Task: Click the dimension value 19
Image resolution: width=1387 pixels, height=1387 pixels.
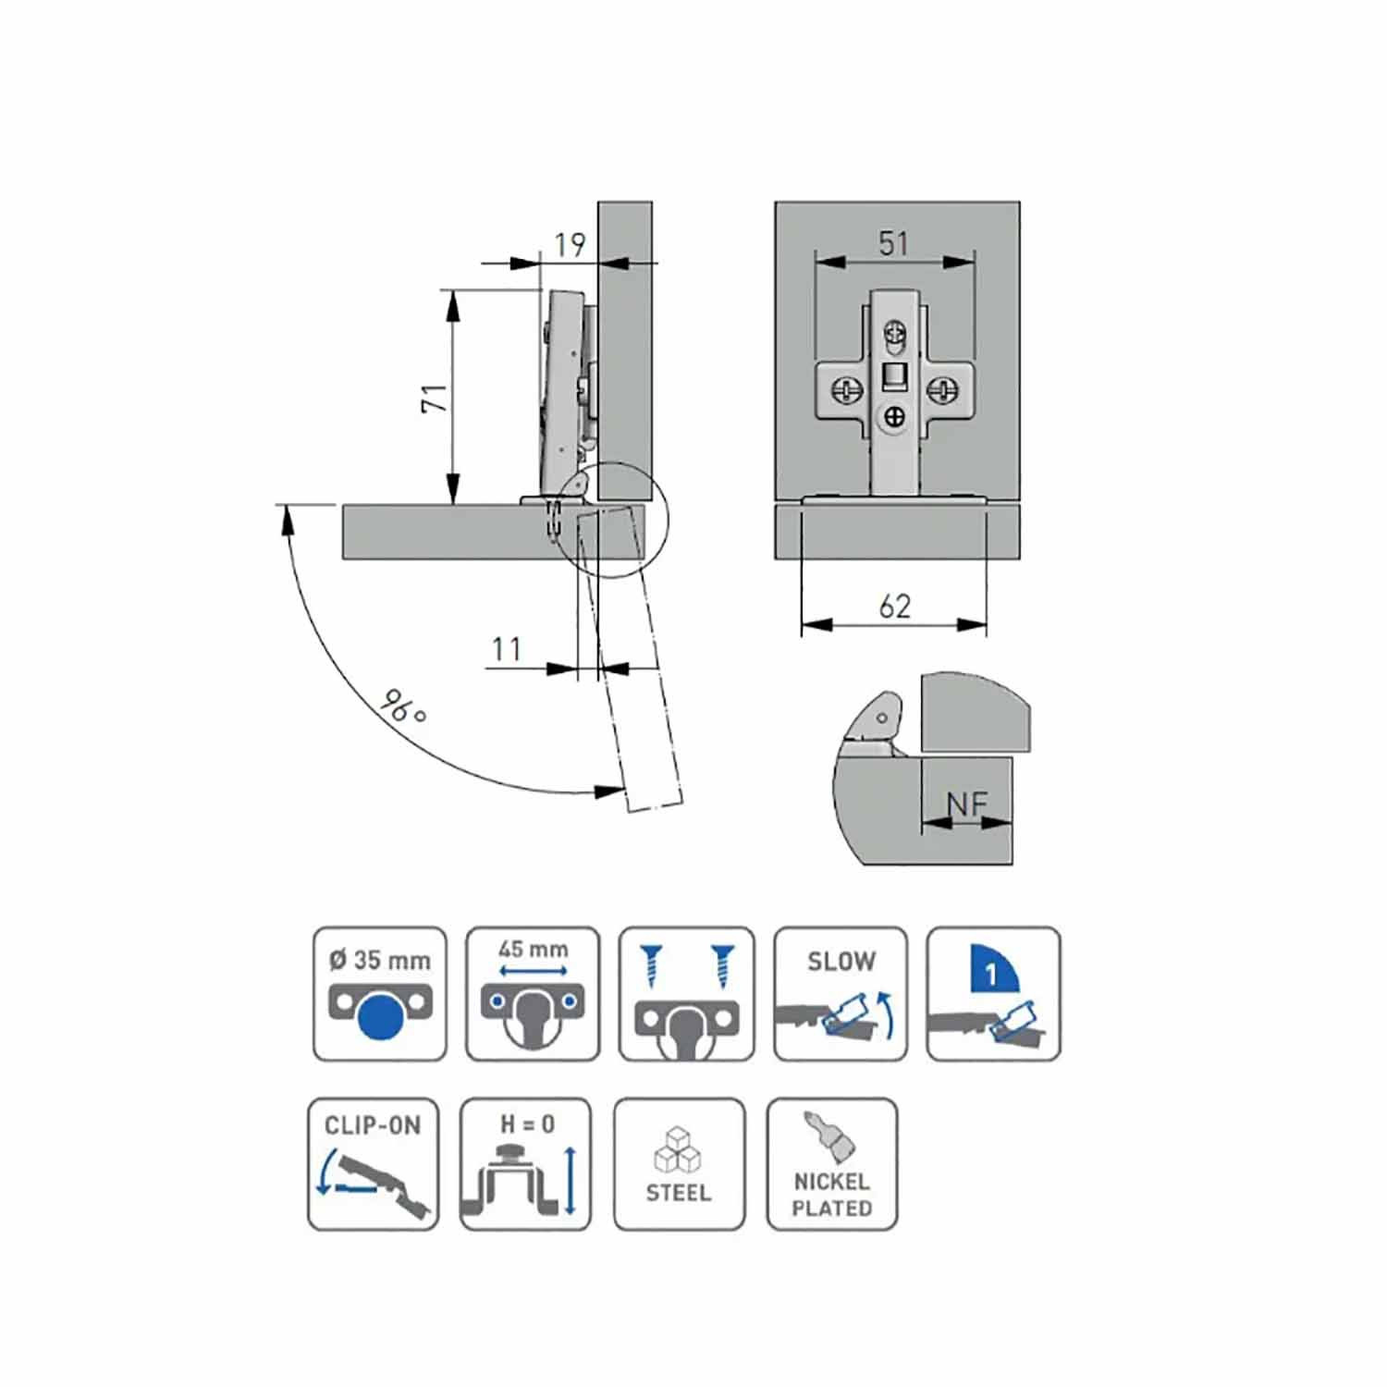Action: [x=570, y=244]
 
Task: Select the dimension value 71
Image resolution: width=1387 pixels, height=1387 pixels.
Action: [x=435, y=398]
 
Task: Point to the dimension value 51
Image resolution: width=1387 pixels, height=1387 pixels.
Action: [x=893, y=243]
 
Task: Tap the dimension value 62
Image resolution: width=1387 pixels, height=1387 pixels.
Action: [x=894, y=606]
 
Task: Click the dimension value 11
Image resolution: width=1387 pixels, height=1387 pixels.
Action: [x=506, y=648]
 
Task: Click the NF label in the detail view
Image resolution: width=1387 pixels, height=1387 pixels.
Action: [x=967, y=804]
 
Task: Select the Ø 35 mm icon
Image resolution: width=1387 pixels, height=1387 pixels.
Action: [x=380, y=994]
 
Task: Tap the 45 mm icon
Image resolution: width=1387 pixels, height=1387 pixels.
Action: [x=533, y=994]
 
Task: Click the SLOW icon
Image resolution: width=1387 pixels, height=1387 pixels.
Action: [x=841, y=994]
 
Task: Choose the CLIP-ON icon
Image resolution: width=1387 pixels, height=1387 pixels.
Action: [x=373, y=1164]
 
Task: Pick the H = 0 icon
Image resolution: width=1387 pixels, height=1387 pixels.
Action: [x=525, y=1164]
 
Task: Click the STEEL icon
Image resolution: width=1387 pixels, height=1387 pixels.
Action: [x=679, y=1164]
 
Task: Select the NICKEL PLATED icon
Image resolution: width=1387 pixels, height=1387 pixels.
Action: [x=832, y=1164]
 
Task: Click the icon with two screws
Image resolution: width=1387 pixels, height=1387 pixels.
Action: [x=687, y=994]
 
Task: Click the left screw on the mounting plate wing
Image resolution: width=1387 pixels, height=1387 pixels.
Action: [x=846, y=390]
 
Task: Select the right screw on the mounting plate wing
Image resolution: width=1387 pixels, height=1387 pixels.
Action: [x=942, y=390]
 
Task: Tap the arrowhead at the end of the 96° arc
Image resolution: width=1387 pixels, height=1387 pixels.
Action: [x=609, y=792]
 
